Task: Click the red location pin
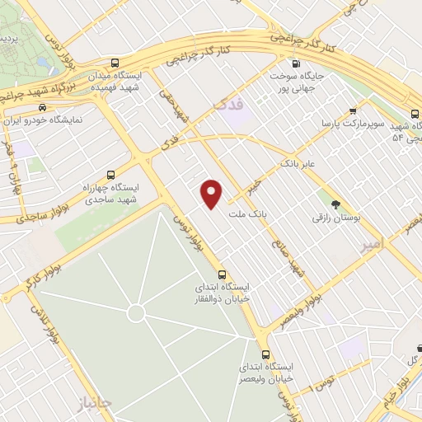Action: point(213,193)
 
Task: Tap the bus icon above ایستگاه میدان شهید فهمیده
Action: point(114,63)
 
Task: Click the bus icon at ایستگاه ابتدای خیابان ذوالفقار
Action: point(222,274)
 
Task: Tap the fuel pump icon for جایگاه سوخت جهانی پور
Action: point(296,63)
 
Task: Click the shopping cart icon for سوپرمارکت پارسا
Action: point(353,111)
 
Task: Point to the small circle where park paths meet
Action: point(137,313)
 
